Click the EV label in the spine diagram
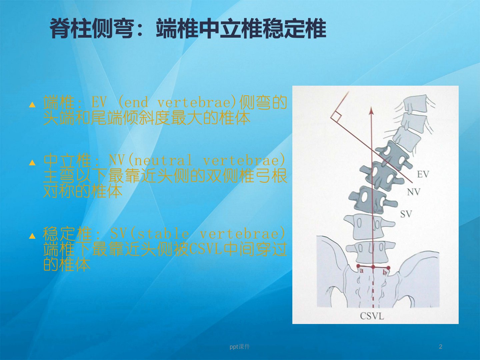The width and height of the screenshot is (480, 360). tap(423, 174)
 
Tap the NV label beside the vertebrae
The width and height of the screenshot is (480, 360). tap(414, 192)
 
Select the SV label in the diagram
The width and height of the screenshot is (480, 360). tap(406, 214)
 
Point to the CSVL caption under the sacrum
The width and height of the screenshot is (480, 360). tap(372, 316)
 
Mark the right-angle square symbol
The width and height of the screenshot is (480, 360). tap(336, 117)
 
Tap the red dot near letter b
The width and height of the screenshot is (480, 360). tap(388, 268)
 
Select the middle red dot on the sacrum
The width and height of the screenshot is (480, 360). tap(373, 267)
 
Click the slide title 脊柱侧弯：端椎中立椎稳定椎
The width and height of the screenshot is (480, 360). tap(188, 29)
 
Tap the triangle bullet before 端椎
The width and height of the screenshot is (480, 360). tap(32, 105)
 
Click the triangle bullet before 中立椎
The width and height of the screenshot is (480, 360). tap(32, 163)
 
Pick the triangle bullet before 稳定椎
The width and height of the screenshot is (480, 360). tap(32, 236)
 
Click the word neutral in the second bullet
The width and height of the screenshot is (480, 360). tap(163, 160)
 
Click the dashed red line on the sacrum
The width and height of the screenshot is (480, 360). tap(373, 289)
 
